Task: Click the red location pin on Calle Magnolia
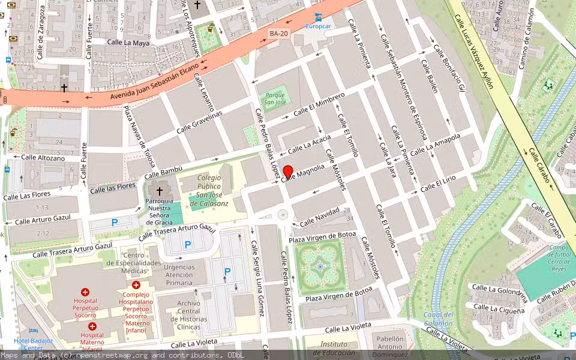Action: (x=288, y=172)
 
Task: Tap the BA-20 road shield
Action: (x=278, y=34)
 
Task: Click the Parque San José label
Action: (x=275, y=97)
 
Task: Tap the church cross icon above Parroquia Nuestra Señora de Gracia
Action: (x=159, y=190)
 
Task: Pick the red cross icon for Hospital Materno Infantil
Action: (x=92, y=326)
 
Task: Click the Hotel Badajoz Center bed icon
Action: (x=34, y=331)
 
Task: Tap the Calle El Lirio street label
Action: (x=439, y=184)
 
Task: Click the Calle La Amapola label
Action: (x=443, y=143)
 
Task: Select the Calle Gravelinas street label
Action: (x=200, y=122)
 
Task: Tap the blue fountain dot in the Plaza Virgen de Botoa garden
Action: (x=320, y=266)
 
